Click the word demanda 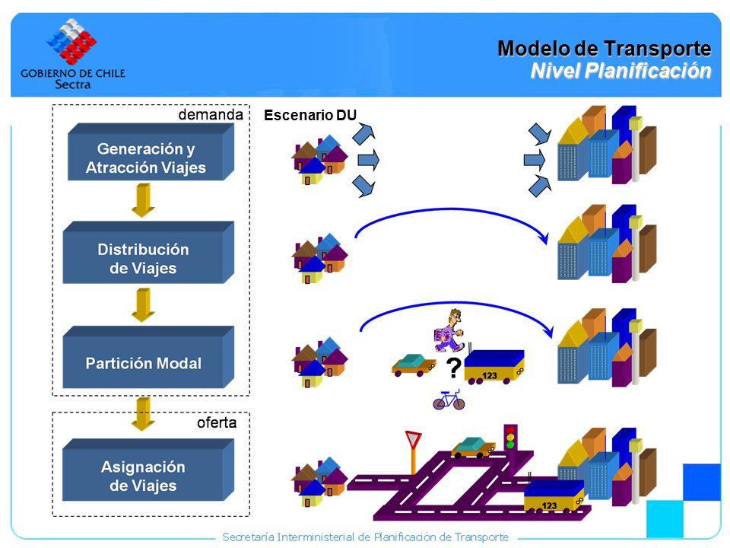(x=211, y=115)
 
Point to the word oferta (x=217, y=422)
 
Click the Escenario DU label (x=310, y=115)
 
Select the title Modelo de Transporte (x=605, y=49)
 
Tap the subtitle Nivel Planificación (x=620, y=71)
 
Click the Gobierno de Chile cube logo (x=71, y=41)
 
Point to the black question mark (x=453, y=367)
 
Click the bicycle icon (x=449, y=400)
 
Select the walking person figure (x=449, y=330)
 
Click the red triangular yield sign (x=413, y=439)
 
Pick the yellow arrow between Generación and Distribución (x=143, y=200)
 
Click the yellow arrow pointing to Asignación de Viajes (x=143, y=414)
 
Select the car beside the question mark (x=414, y=365)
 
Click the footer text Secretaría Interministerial (x=366, y=537)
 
